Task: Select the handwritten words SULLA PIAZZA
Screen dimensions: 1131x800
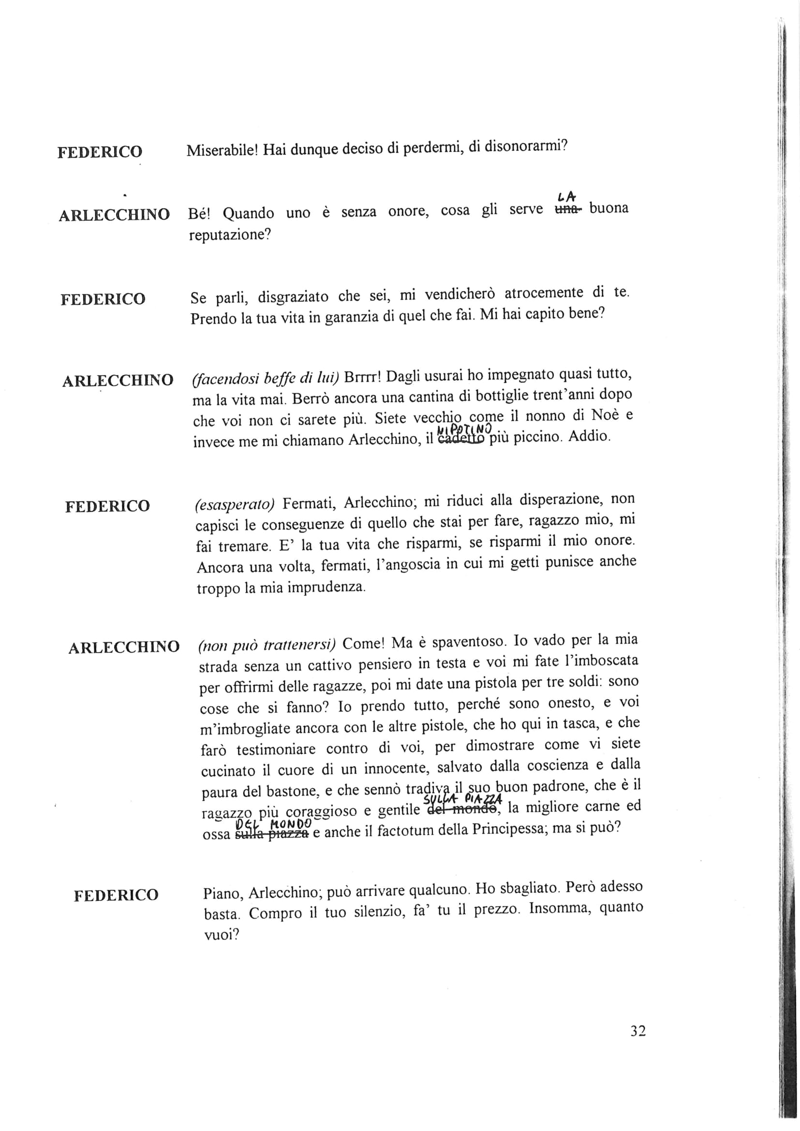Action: point(462,799)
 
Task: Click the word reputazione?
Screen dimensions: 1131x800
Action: point(230,235)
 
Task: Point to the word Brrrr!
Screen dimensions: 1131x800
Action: point(364,377)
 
